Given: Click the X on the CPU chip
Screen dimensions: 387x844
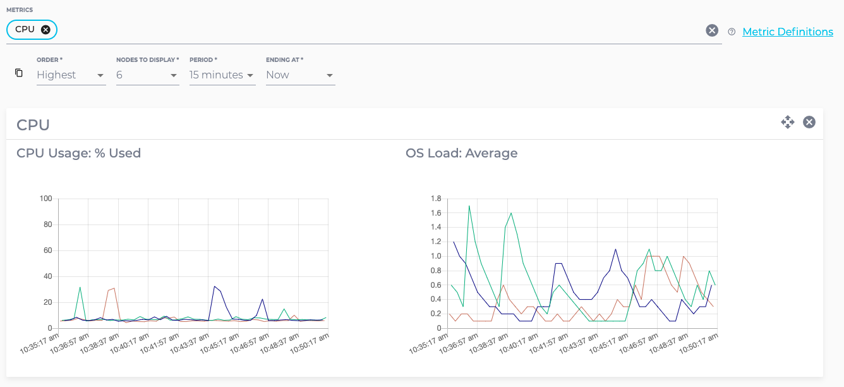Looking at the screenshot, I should pos(45,30).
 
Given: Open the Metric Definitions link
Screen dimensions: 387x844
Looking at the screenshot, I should pos(787,32).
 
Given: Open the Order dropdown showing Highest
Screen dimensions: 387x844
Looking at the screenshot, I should pos(71,75).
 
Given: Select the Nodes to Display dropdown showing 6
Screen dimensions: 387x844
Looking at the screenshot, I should pos(148,75).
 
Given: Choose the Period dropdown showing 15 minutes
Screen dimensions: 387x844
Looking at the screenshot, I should pos(222,75).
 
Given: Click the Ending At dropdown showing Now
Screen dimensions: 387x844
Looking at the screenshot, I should pos(300,75).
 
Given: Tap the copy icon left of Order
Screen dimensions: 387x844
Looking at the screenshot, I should pos(19,73).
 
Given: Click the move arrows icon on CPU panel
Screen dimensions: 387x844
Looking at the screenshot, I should pos(787,122).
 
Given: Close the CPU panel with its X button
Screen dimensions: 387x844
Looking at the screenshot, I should pos(809,122).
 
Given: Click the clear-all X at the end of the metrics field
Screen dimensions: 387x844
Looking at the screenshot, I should pos(712,30).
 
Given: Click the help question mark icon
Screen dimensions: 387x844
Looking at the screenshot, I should pos(732,32).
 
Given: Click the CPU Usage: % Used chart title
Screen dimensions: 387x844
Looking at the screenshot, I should pos(78,153).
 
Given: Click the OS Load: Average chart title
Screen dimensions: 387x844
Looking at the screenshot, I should pos(461,153).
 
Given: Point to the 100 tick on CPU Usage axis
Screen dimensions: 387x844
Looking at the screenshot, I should pos(45,199).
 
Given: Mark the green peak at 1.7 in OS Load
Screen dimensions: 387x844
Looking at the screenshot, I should pos(469,206).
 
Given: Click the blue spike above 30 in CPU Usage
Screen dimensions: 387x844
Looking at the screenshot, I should pos(215,286).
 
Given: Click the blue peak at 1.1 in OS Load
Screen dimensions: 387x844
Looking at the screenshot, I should pos(615,249).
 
